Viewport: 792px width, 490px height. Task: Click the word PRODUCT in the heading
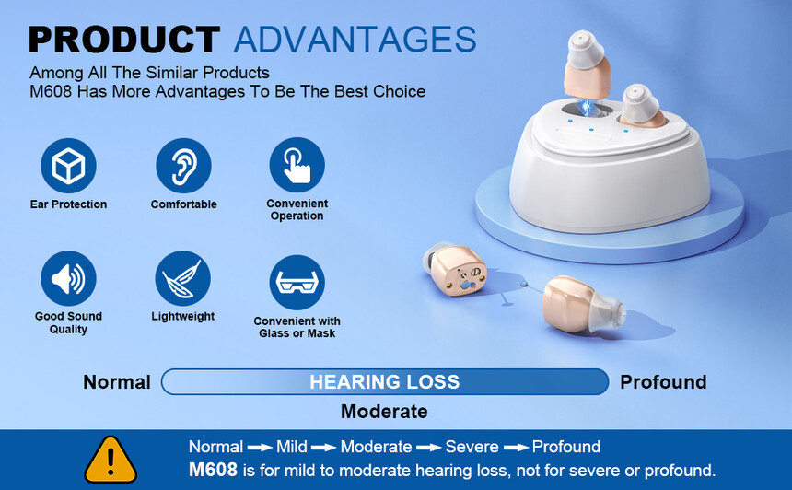point(124,40)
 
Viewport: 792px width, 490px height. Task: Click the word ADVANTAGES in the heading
point(355,40)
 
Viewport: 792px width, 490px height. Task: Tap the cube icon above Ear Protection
point(68,166)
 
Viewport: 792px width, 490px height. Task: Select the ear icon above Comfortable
point(183,166)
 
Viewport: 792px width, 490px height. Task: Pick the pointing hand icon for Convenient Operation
point(297,165)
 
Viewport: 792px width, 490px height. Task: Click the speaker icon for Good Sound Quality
point(68,278)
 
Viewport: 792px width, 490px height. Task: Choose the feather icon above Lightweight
point(183,278)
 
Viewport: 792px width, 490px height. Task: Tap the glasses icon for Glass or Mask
point(297,283)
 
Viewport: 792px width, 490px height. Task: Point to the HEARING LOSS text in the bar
point(384,382)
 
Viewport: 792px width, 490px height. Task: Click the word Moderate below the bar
point(384,411)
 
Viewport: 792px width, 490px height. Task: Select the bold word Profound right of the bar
point(663,382)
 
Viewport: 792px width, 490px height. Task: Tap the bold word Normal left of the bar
point(117,382)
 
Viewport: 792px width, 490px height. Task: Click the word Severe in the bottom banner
point(472,447)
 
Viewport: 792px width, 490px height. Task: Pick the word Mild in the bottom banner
point(291,447)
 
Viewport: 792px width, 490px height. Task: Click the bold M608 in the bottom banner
point(213,470)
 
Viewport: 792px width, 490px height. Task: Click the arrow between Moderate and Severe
point(428,448)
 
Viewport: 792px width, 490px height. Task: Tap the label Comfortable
point(184,204)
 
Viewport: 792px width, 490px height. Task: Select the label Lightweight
point(183,317)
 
